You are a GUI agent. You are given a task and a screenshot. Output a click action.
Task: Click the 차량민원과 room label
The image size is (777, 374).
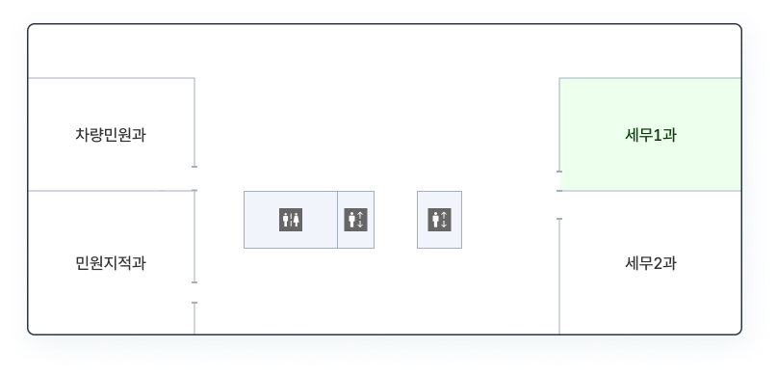point(111,135)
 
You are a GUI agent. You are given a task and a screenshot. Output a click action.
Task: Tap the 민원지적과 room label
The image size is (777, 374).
point(111,263)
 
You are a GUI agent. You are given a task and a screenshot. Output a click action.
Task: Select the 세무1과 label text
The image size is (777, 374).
point(651,135)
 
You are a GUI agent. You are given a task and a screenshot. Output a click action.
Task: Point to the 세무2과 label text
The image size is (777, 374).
point(651,263)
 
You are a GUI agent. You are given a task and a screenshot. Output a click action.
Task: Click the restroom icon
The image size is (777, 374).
point(291,220)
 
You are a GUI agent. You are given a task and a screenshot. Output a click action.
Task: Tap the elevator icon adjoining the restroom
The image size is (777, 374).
point(356,220)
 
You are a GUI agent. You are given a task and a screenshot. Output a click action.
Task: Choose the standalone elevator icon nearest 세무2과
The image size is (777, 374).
point(440,220)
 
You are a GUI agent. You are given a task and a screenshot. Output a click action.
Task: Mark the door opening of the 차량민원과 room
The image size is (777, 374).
point(194,178)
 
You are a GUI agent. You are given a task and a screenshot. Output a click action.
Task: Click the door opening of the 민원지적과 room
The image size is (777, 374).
point(194,293)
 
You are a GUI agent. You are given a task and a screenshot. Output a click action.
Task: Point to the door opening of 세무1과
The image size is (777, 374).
point(559,181)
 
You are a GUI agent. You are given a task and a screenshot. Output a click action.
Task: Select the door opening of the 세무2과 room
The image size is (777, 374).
point(559,205)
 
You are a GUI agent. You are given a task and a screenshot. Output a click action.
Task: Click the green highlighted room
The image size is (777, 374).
point(650,134)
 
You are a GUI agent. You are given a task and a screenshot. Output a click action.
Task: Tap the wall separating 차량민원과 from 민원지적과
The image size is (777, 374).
point(111,191)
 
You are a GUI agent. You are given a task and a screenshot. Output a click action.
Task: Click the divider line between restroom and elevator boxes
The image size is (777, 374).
point(337,220)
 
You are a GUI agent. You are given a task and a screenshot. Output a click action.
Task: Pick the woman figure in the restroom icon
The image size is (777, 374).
point(296,220)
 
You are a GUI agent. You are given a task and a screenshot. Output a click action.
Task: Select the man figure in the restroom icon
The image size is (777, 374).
point(285,220)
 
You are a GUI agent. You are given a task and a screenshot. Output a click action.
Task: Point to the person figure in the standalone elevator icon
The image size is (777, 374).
point(435,220)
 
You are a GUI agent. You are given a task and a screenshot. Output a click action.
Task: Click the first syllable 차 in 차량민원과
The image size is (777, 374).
point(82,135)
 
